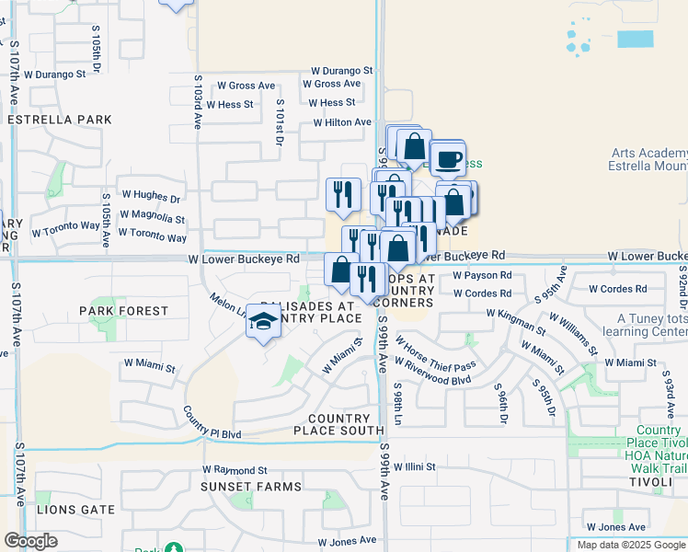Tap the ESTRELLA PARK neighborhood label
point(59,120)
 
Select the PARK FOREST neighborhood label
point(123,311)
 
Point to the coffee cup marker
point(448,158)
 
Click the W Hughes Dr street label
point(153,197)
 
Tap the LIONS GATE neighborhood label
point(76,509)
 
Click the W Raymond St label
point(235,469)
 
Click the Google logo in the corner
point(30,541)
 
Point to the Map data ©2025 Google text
point(631,545)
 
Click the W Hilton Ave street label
point(342,122)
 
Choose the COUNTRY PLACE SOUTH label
point(338,424)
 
